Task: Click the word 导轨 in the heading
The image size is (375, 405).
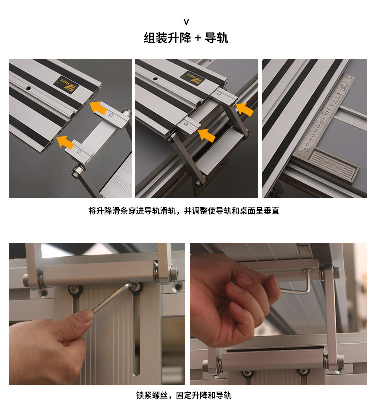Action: click(x=216, y=38)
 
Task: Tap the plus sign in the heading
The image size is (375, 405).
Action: click(x=198, y=38)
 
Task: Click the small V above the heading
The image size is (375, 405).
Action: click(x=186, y=22)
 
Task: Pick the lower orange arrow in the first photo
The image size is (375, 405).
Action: click(x=65, y=142)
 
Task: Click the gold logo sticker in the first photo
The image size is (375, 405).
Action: click(x=65, y=82)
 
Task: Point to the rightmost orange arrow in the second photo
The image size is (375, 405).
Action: click(x=245, y=109)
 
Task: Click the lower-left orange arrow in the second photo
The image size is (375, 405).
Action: click(x=206, y=135)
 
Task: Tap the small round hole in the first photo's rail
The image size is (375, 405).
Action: click(x=29, y=89)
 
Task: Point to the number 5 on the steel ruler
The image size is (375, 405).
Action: click(x=339, y=94)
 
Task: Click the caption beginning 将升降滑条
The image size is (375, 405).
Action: click(x=184, y=211)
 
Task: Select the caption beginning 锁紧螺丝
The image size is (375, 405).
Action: click(x=184, y=395)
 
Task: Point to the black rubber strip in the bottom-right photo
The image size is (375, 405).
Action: click(x=275, y=349)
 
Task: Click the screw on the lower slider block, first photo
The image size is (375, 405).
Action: click(x=79, y=152)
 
